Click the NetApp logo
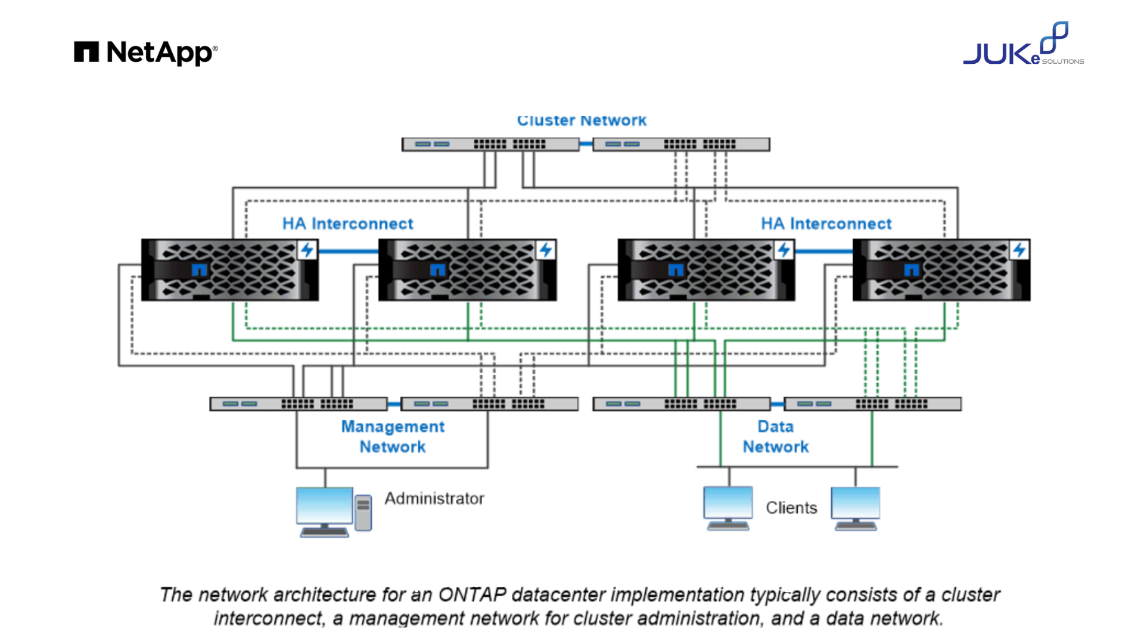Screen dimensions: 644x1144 coord(146,52)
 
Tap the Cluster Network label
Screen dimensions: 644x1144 coord(582,120)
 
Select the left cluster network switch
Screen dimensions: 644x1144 coord(490,144)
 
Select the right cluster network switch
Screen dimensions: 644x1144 coord(681,144)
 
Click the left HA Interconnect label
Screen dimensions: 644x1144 coord(347,224)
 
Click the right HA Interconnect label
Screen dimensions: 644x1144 coord(826,224)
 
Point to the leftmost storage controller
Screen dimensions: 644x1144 coord(229,270)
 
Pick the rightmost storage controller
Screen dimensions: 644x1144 coord(941,270)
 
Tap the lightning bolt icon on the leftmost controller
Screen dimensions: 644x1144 coord(307,249)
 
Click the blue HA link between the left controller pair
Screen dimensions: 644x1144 coord(349,251)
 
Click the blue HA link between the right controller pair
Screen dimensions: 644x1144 coord(823,251)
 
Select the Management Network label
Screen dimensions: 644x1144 coord(393,436)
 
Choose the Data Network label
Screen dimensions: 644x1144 coord(775,436)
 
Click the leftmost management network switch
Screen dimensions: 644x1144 coord(298,404)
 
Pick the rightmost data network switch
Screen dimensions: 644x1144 coord(872,404)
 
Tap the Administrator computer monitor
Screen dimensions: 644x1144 coord(325,507)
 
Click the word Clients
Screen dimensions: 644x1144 coord(791,507)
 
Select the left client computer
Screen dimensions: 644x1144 coord(728,507)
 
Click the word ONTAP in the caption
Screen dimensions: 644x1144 coord(472,595)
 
